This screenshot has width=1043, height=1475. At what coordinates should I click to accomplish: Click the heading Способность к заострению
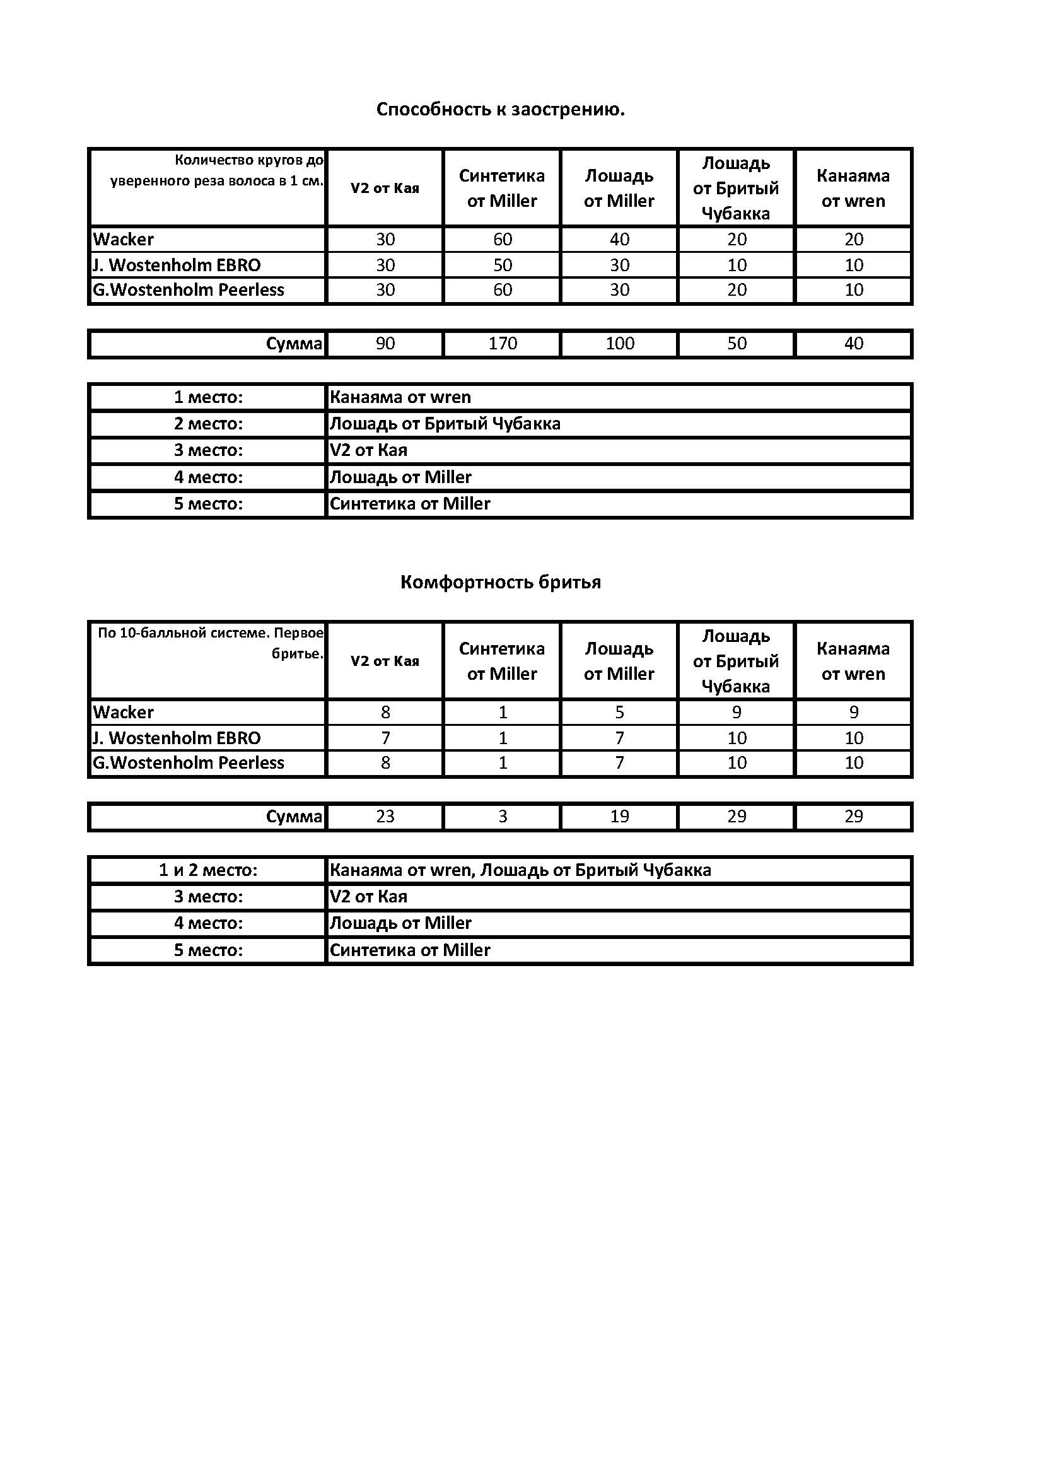click(500, 110)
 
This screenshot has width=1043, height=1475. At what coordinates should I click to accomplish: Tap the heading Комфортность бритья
click(500, 583)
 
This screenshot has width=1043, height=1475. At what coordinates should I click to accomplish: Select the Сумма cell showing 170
click(502, 344)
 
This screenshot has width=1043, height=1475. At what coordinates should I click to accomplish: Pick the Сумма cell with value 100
click(620, 344)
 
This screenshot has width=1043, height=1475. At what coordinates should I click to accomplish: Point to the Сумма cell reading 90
click(385, 344)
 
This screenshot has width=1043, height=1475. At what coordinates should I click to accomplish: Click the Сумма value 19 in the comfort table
click(620, 817)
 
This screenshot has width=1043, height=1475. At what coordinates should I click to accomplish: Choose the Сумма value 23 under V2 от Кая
click(385, 817)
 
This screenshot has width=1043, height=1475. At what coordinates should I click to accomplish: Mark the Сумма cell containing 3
click(502, 817)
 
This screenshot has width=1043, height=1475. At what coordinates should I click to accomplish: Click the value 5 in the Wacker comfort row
click(620, 713)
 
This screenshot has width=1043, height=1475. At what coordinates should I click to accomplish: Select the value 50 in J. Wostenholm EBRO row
click(502, 265)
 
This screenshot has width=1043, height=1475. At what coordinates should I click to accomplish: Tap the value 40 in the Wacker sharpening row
click(620, 240)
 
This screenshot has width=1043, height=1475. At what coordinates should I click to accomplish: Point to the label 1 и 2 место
click(208, 870)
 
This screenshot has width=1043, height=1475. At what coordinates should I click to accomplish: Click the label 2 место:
click(208, 424)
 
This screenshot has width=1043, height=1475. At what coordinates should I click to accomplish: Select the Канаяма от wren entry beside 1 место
click(400, 398)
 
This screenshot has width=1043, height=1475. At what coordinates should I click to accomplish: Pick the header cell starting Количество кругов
click(217, 170)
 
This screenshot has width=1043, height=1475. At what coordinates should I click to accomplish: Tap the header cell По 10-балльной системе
click(211, 643)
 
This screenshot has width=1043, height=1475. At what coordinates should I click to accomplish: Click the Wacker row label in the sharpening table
click(124, 240)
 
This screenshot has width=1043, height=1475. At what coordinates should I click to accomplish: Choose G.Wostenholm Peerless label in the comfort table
click(188, 763)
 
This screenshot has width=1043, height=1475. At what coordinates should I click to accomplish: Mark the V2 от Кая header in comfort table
click(385, 661)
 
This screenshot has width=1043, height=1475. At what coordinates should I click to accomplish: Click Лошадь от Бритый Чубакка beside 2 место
click(445, 424)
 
